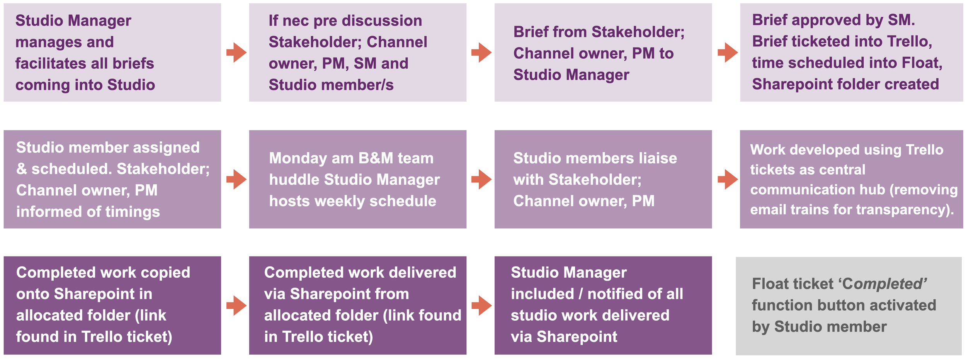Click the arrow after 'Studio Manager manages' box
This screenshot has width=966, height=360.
(x=236, y=53)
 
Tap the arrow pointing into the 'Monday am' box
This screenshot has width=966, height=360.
(x=236, y=179)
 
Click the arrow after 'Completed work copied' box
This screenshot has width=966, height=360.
(x=236, y=306)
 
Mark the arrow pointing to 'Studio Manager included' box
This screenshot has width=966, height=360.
(x=481, y=306)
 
